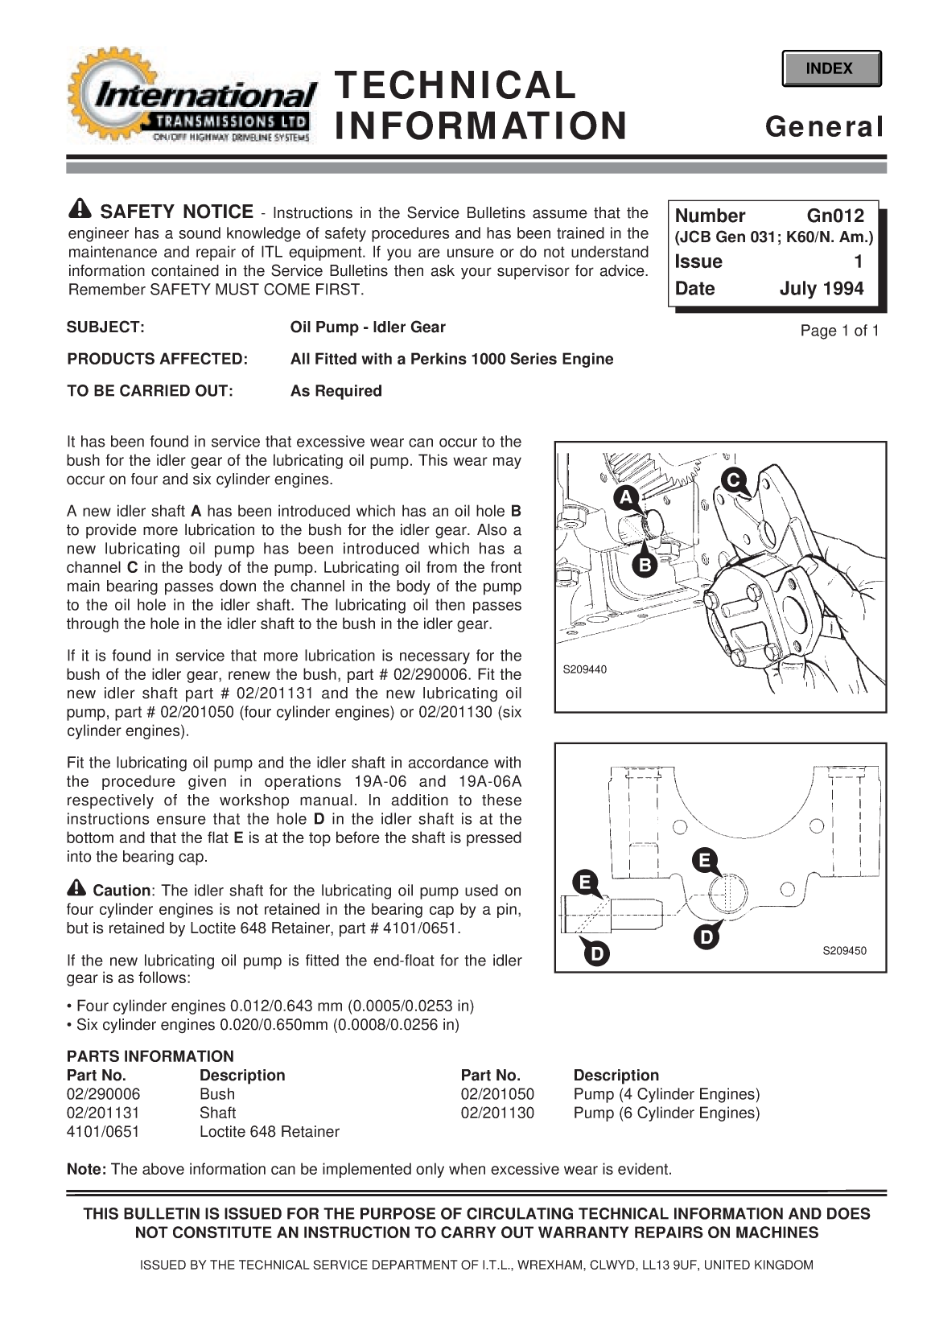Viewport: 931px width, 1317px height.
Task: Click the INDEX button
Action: click(830, 68)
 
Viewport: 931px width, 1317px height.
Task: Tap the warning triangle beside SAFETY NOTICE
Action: click(80, 209)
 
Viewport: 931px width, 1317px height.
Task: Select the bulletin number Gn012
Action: click(835, 216)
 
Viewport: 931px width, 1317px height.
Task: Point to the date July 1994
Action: click(821, 289)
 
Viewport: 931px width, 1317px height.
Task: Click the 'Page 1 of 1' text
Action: click(839, 331)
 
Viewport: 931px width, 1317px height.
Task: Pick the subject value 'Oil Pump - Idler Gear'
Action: click(367, 327)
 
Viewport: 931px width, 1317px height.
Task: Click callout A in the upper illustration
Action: click(627, 496)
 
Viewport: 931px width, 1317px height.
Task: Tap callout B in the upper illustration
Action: click(644, 566)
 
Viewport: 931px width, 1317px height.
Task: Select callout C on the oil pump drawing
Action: click(731, 479)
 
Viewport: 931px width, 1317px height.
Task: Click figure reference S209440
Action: click(584, 669)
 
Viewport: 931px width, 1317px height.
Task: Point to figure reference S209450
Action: click(843, 950)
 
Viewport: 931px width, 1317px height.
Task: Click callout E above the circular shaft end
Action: click(704, 861)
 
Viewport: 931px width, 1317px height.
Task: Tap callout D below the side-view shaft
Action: click(596, 954)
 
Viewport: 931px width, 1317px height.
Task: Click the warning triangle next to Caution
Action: click(77, 889)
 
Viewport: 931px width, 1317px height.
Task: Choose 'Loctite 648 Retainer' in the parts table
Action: click(269, 1132)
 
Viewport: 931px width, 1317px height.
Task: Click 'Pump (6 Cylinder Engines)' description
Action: click(666, 1113)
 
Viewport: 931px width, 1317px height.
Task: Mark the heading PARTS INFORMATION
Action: click(150, 1056)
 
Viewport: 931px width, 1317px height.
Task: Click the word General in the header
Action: click(824, 127)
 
